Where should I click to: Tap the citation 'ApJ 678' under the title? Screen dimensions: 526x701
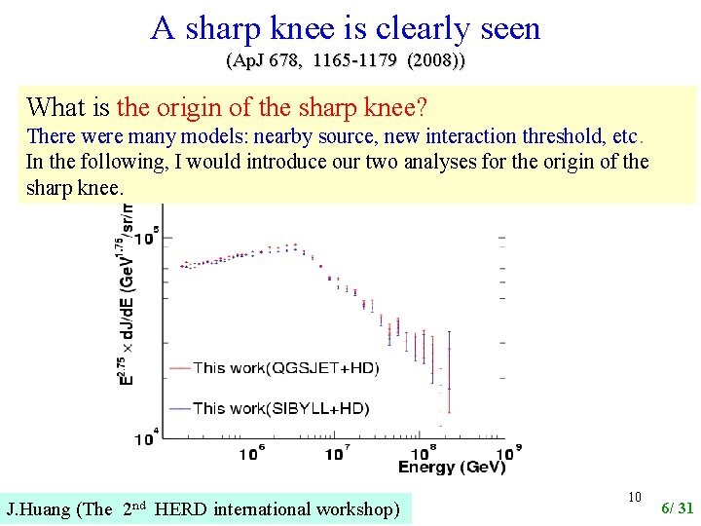coord(262,61)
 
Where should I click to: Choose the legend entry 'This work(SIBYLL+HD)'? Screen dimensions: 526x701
coord(280,408)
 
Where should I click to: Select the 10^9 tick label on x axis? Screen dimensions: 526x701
coord(506,452)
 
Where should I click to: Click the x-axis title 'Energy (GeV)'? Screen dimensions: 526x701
coord(451,468)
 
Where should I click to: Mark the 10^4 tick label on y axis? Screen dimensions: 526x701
coord(146,438)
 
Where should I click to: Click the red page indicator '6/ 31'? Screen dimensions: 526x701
coord(678,507)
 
